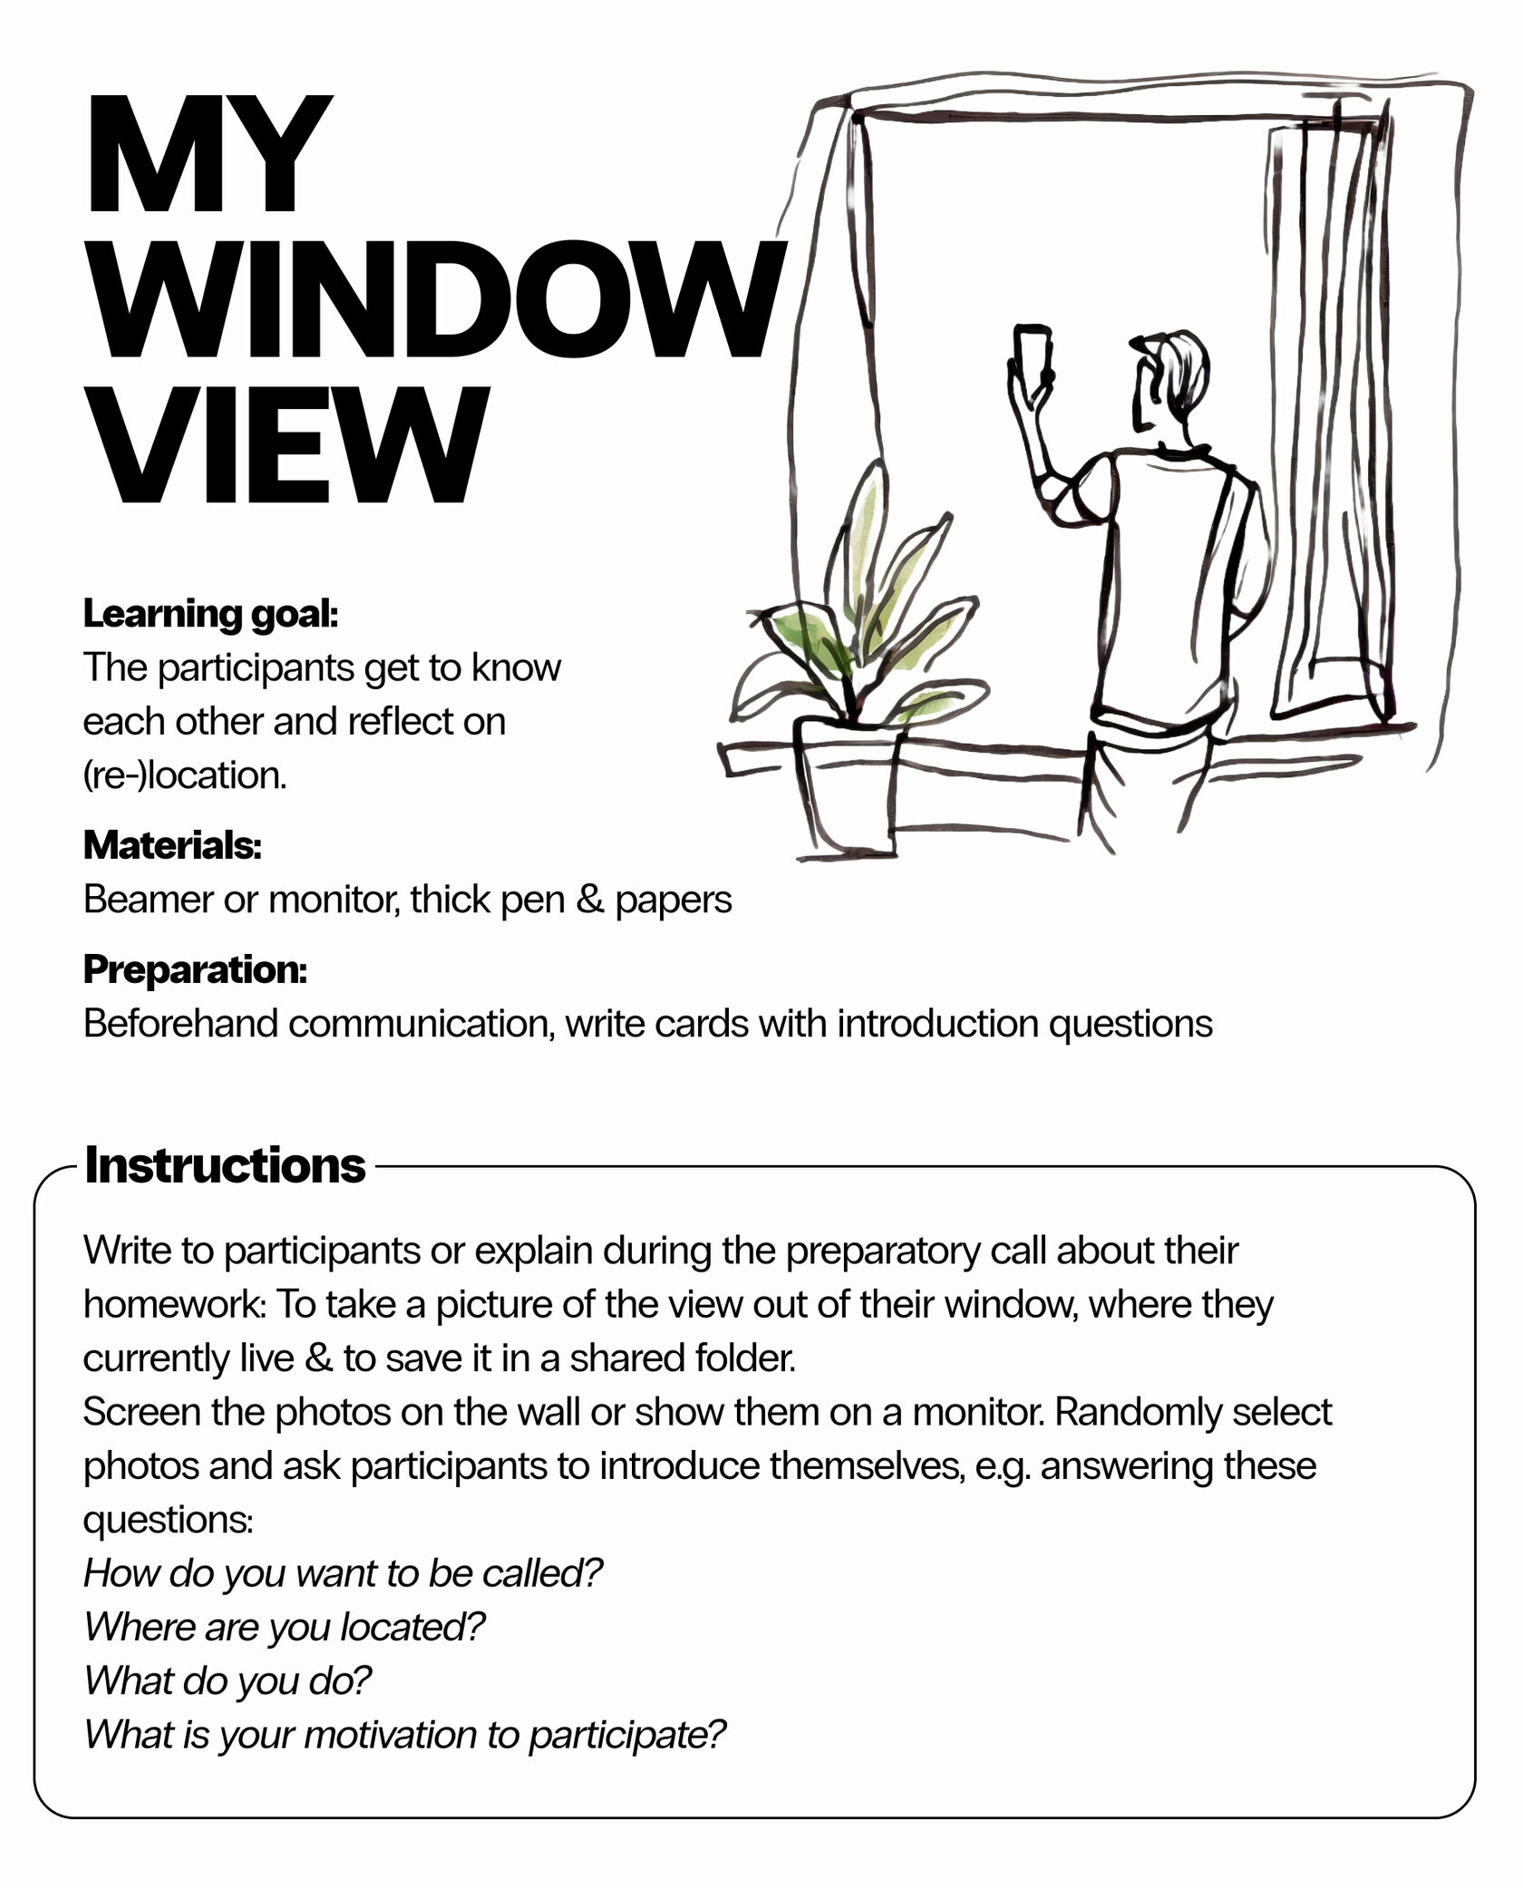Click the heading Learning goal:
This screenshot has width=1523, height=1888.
[210, 614]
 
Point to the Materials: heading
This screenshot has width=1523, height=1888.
[172, 845]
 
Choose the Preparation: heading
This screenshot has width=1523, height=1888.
[195, 969]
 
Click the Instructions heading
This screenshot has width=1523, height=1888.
[225, 1165]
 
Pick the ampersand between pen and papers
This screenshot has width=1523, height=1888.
[589, 900]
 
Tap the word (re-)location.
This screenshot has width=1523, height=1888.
[185, 775]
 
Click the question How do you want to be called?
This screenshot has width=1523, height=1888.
[343, 1573]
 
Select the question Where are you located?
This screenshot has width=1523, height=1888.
[285, 1627]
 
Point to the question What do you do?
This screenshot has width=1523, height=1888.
[228, 1680]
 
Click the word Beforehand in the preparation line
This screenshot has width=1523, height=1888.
[180, 1024]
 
